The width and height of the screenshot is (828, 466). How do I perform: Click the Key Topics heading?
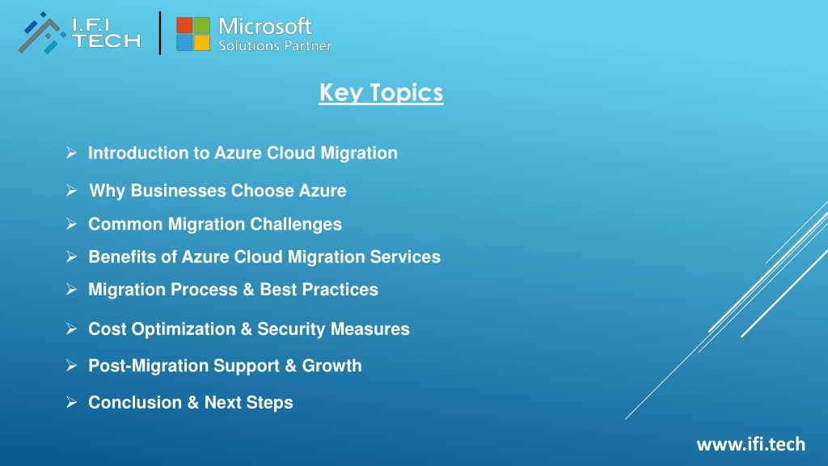[x=381, y=92]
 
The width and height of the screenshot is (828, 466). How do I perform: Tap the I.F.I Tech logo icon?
[x=42, y=33]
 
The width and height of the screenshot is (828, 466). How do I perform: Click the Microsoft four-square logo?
[x=192, y=34]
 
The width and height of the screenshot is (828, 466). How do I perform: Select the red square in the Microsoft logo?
[x=184, y=25]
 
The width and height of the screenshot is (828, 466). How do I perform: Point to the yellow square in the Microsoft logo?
[x=201, y=43]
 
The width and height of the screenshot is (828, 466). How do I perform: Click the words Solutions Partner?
[x=275, y=45]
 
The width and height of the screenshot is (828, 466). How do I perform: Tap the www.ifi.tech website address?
[x=751, y=444]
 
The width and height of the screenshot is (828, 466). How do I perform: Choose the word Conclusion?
[x=135, y=403]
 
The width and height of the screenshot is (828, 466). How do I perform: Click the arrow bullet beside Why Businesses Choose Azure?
[x=72, y=190]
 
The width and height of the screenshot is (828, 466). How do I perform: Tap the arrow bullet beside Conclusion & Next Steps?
[x=72, y=403]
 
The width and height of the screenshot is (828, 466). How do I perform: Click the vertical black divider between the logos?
[x=160, y=33]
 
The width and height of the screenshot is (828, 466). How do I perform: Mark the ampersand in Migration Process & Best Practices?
[x=247, y=290]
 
